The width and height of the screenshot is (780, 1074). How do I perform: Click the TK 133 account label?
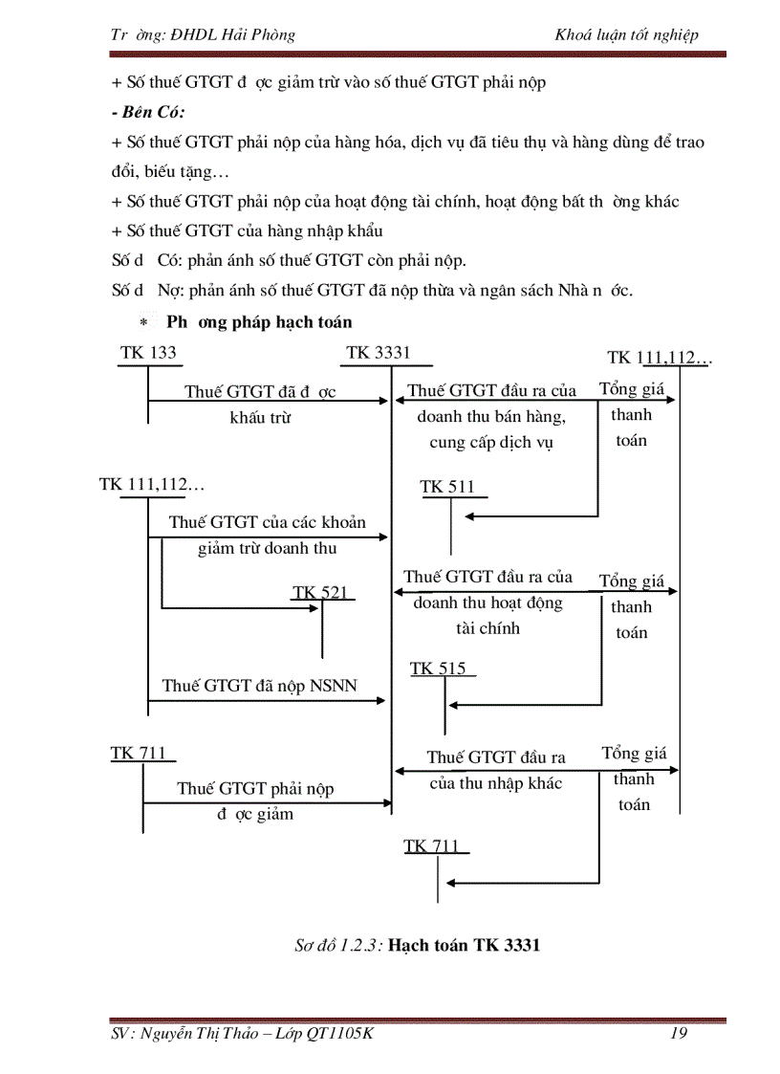[x=148, y=353]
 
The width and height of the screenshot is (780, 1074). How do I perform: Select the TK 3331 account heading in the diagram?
[x=379, y=353]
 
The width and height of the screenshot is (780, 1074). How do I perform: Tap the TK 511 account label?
[x=447, y=487]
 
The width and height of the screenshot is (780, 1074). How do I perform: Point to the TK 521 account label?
[x=320, y=593]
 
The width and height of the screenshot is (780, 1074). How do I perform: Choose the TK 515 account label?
[x=439, y=669]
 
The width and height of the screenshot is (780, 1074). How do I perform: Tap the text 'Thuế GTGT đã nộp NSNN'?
[x=260, y=686]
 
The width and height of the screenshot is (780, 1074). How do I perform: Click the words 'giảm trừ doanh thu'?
[x=267, y=548]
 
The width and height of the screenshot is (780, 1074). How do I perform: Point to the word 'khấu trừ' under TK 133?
[x=260, y=417]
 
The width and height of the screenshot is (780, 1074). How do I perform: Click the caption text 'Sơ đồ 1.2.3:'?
[x=338, y=946]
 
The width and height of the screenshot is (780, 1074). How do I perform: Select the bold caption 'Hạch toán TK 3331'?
[x=465, y=946]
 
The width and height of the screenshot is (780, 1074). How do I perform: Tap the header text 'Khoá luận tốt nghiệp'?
[x=626, y=35]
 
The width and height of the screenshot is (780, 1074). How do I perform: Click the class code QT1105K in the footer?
[x=339, y=1032]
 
